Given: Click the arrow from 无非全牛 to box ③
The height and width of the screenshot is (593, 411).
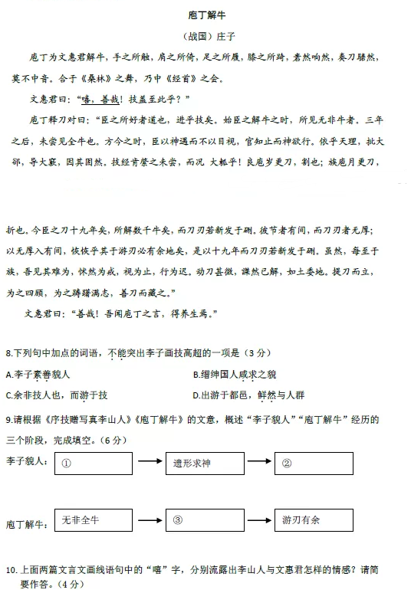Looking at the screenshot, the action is click(x=148, y=520).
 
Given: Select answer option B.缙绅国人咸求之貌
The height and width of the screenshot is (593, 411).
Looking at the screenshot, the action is click(x=235, y=375).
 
